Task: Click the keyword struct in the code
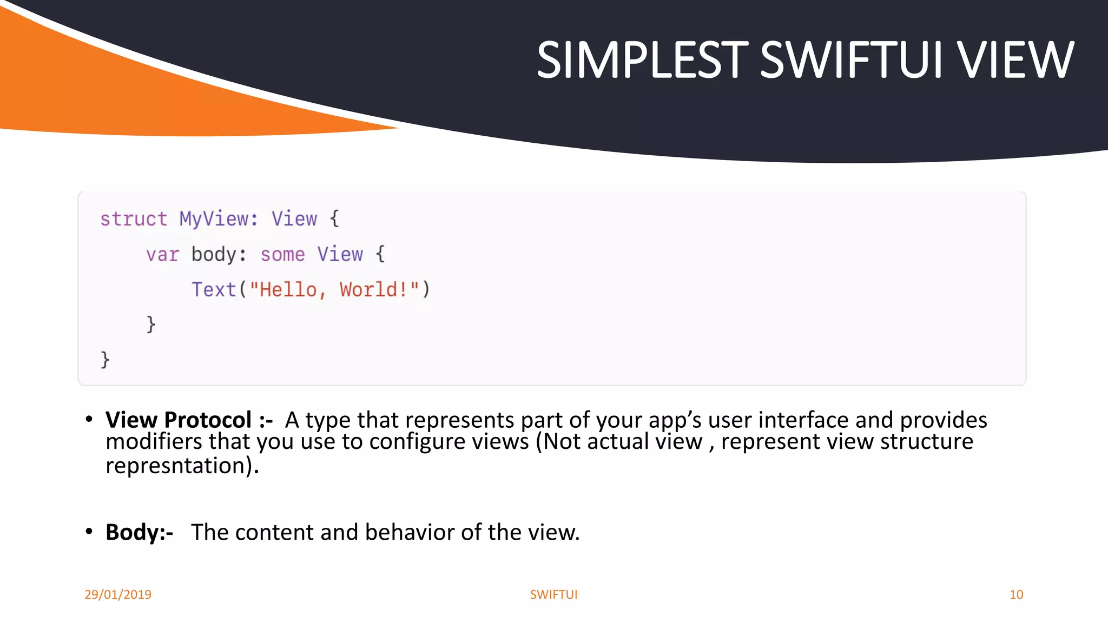134,219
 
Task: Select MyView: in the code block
219,219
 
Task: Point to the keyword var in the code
162,254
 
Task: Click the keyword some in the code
282,254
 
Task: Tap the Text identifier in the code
214,289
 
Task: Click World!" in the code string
379,289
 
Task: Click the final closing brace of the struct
105,360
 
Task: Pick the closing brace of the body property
151,324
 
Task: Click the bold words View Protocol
179,420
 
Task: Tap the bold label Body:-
139,532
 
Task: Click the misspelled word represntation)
182,466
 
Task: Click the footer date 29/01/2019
118,594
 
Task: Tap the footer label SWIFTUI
553,594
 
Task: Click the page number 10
1016,594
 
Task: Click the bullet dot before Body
89,532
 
